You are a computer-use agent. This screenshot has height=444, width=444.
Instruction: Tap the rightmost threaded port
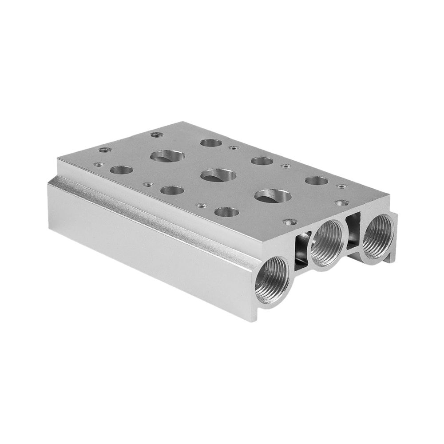pos(378,235)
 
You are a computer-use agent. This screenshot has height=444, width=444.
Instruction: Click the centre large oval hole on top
pos(218,175)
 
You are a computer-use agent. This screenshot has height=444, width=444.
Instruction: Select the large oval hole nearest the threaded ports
pos(273,196)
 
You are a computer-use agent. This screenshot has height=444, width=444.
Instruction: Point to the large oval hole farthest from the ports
pos(167,156)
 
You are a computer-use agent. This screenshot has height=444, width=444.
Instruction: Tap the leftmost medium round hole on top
pos(121,170)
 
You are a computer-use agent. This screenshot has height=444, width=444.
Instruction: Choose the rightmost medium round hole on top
pos(316,181)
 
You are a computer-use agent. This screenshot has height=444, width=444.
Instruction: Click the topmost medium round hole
pos(211,143)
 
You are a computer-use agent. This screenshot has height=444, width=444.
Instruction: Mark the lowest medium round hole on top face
pos(226,212)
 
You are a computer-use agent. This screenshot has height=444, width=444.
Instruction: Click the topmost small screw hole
pos(154,134)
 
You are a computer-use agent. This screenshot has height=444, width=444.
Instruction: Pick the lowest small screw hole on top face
pos(289,221)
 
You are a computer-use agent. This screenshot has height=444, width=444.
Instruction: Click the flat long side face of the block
pos(147,240)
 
